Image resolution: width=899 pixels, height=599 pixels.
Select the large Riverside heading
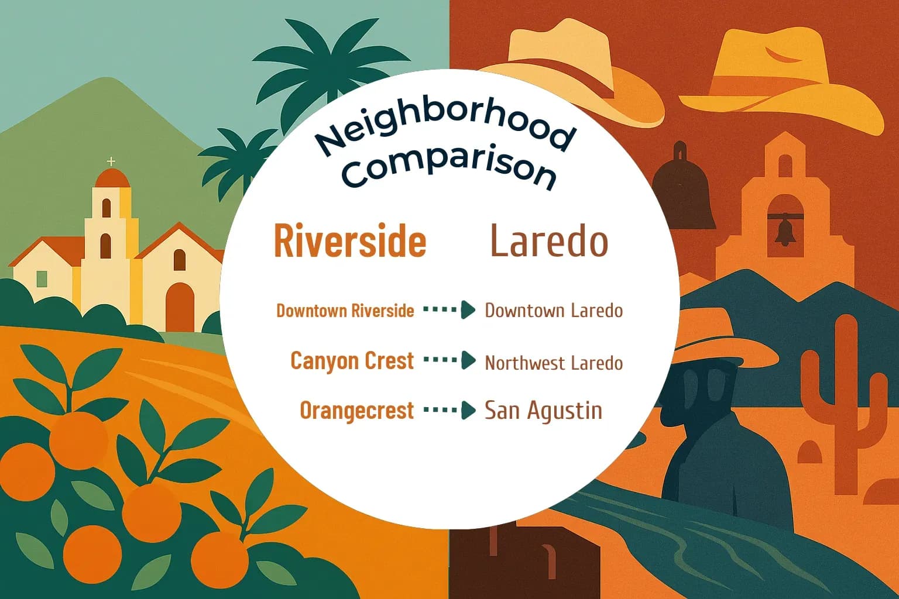pyautogui.click(x=350, y=241)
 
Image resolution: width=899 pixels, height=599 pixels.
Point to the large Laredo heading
pyautogui.click(x=549, y=241)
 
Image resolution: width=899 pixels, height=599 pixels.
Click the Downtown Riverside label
pyautogui.click(x=345, y=311)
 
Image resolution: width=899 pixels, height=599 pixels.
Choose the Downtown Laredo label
pyautogui.click(x=554, y=310)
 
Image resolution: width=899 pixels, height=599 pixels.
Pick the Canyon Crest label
pyautogui.click(x=352, y=361)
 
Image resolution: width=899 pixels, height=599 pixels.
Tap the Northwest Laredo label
pyautogui.click(x=554, y=363)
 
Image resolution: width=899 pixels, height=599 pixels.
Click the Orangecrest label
pyautogui.click(x=357, y=411)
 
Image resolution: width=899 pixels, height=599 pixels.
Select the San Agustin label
pyautogui.click(x=543, y=411)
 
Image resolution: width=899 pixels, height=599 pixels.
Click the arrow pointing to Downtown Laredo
pyautogui.click(x=449, y=310)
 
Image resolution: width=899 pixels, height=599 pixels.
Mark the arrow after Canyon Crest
pyautogui.click(x=449, y=360)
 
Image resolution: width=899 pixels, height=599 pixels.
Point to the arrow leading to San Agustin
pyautogui.click(x=449, y=411)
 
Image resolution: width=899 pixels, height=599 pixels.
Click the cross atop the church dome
pyautogui.click(x=111, y=161)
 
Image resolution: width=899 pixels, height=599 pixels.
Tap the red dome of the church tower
pyautogui.click(x=112, y=178)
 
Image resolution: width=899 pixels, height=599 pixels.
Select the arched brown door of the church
pyautogui.click(x=180, y=307)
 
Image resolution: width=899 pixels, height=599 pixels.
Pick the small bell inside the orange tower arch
pyautogui.click(x=784, y=231)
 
